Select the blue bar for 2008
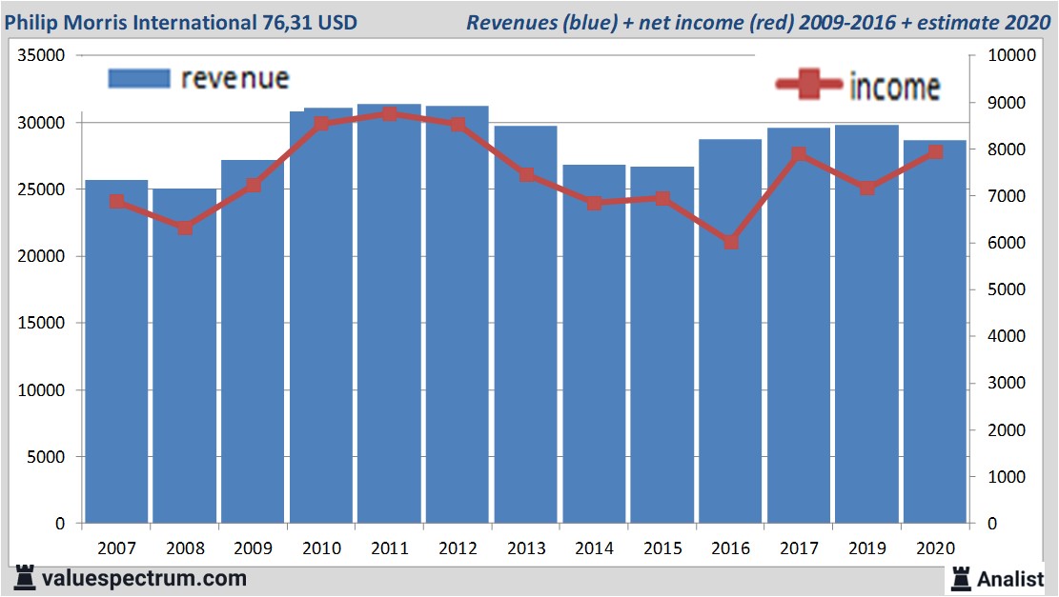[x=185, y=362]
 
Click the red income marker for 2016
[x=731, y=242]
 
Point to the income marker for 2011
[x=389, y=114]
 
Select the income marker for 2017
[x=799, y=154]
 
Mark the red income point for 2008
[x=185, y=228]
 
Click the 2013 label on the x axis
[x=526, y=548]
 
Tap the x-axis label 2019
[x=867, y=548]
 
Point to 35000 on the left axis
[x=43, y=56]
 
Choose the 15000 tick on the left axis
[x=43, y=324]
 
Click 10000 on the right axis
[x=1001, y=56]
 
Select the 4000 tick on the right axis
[x=997, y=336]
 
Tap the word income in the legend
[x=894, y=87]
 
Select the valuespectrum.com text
[x=143, y=578]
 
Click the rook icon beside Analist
[x=961, y=577]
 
